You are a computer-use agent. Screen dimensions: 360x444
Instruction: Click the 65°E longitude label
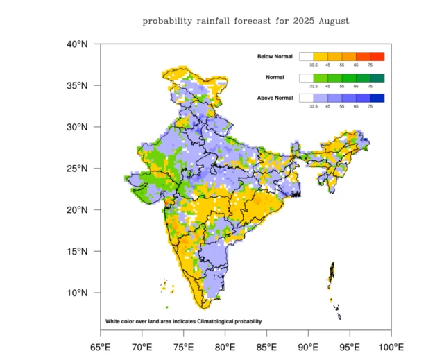[100, 346]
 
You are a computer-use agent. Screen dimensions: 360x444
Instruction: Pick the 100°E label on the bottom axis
[390, 346]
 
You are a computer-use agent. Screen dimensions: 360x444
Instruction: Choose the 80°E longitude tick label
[224, 346]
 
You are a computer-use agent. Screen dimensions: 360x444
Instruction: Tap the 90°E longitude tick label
[307, 346]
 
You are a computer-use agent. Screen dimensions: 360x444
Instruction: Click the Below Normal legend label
[275, 56]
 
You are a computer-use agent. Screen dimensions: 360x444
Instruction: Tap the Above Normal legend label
[275, 98]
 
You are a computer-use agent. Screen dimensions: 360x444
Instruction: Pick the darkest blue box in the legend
[377, 98]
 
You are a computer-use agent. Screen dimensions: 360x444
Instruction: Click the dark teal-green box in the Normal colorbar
[377, 77]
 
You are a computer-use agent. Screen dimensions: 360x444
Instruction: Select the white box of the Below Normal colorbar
[307, 56]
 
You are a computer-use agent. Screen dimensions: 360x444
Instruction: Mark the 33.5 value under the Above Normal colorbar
[314, 107]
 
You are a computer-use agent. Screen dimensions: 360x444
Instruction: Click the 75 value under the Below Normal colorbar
[370, 65]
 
